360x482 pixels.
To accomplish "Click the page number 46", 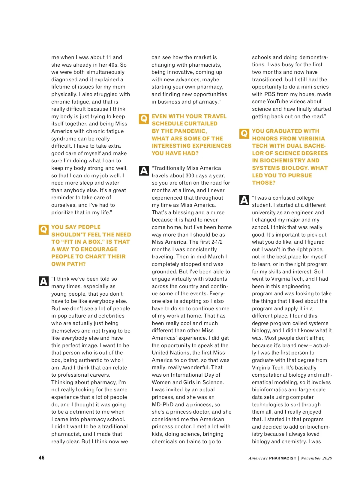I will [x=41, y=458].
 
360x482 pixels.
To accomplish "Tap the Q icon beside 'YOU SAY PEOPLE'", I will [x=43, y=230].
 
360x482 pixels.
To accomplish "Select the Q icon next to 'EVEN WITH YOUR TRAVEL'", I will [x=144, y=119].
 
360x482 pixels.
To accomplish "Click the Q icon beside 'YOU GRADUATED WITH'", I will [x=244, y=134].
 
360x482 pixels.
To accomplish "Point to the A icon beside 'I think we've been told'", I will [x=43, y=281].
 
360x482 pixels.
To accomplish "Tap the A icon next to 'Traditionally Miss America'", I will [x=144, y=170].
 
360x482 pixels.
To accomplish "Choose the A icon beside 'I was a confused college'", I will [x=244, y=200].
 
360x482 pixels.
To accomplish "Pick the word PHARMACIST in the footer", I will [x=283, y=458].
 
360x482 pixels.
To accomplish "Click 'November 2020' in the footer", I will [x=316, y=458].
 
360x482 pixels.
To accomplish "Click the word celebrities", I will [x=109, y=316].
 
